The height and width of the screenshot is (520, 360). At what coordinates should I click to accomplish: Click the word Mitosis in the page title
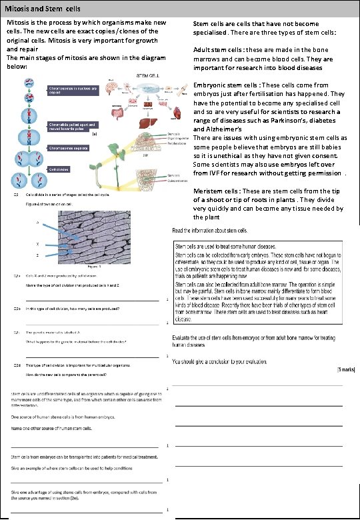[19, 7]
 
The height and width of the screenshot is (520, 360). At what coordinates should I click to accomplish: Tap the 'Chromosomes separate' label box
[69, 149]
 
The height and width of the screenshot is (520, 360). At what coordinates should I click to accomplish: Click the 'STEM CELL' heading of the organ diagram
[147, 77]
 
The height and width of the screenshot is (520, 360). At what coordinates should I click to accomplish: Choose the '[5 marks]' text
[346, 369]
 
